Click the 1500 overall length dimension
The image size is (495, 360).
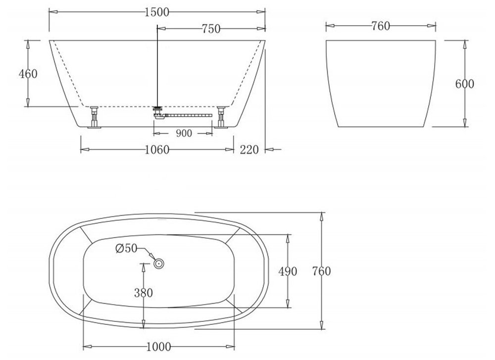click(x=157, y=12)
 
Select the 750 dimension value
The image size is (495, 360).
click(x=211, y=29)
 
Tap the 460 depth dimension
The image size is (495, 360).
click(x=28, y=74)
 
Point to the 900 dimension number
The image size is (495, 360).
click(x=184, y=133)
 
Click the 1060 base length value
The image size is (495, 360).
click(x=157, y=150)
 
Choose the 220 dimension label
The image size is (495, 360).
click(x=249, y=150)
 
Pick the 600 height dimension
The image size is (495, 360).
click(x=464, y=84)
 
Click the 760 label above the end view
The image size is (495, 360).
click(x=380, y=26)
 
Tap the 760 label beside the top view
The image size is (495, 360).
click(x=321, y=271)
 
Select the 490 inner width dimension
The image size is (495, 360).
click(x=288, y=271)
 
